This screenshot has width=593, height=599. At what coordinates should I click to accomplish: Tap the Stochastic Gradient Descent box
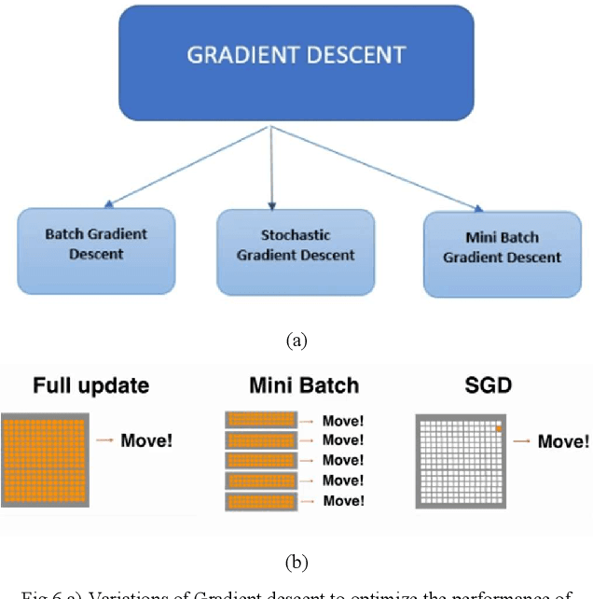295,246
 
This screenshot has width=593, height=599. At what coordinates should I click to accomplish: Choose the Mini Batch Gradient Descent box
502,248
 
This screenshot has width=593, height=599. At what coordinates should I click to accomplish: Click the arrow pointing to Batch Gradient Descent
186,168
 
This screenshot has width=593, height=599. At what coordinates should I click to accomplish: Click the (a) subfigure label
296,341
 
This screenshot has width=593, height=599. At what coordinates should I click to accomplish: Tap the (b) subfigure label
296,562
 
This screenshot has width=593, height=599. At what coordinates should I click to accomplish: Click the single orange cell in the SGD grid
499,427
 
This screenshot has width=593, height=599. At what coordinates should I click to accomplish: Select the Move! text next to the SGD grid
563,440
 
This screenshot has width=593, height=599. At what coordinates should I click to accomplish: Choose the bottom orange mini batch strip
260,500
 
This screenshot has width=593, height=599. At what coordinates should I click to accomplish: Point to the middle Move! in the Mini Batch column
343,460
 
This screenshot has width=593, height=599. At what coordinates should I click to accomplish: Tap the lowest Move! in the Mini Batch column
343,501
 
